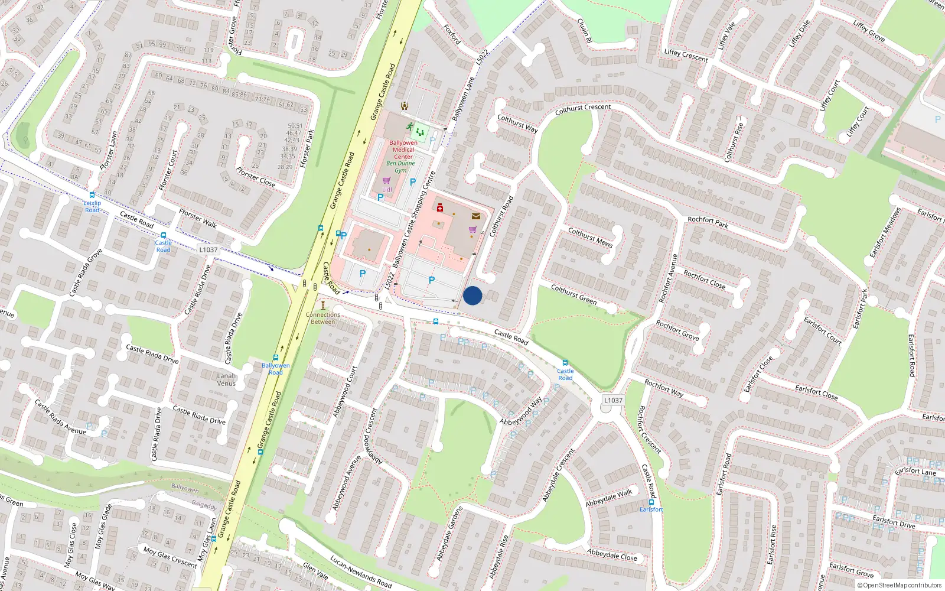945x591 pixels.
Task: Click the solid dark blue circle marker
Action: coord(472,295)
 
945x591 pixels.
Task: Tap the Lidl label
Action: coord(387,190)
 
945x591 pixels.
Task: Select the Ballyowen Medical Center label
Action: coord(403,150)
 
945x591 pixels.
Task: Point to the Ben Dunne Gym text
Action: coord(400,167)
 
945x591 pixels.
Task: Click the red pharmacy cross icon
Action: coord(440,207)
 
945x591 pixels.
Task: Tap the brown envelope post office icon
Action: coord(475,216)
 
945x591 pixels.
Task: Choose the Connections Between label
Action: coord(323,318)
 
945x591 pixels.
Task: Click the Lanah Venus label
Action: coord(226,379)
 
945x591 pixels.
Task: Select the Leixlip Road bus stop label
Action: coord(92,206)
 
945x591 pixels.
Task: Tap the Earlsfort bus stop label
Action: coord(651,509)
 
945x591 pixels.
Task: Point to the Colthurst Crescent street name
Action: coord(583,109)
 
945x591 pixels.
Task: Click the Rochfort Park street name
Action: coord(708,222)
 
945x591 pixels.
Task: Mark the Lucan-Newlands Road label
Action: coord(361,571)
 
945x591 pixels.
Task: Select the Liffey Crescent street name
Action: coord(686,55)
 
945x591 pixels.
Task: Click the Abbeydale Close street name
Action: coord(612,555)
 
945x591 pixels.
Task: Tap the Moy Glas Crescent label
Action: coord(170,557)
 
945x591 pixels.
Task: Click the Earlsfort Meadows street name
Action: coord(885,233)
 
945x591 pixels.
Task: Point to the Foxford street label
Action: coord(452,35)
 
